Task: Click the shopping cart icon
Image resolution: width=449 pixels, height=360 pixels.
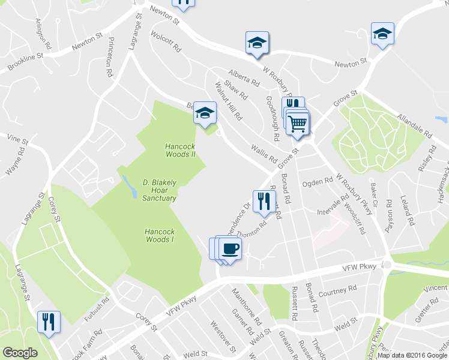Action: coord(298,124)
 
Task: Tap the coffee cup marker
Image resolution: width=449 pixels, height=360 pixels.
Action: coord(230,248)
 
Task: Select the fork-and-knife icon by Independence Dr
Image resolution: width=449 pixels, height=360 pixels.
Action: coord(264,201)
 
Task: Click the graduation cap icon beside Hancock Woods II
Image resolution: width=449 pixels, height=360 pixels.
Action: coord(205,112)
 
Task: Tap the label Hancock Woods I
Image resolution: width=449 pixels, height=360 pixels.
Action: coord(159,235)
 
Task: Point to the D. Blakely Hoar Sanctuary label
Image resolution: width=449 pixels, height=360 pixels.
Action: coord(159,190)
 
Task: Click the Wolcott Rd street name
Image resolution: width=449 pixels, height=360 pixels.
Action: coord(166,41)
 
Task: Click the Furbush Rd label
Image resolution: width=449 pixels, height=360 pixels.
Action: coord(96,307)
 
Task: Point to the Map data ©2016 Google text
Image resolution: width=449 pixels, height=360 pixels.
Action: coord(412,355)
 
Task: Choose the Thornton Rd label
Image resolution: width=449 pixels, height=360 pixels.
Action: coord(252,230)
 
